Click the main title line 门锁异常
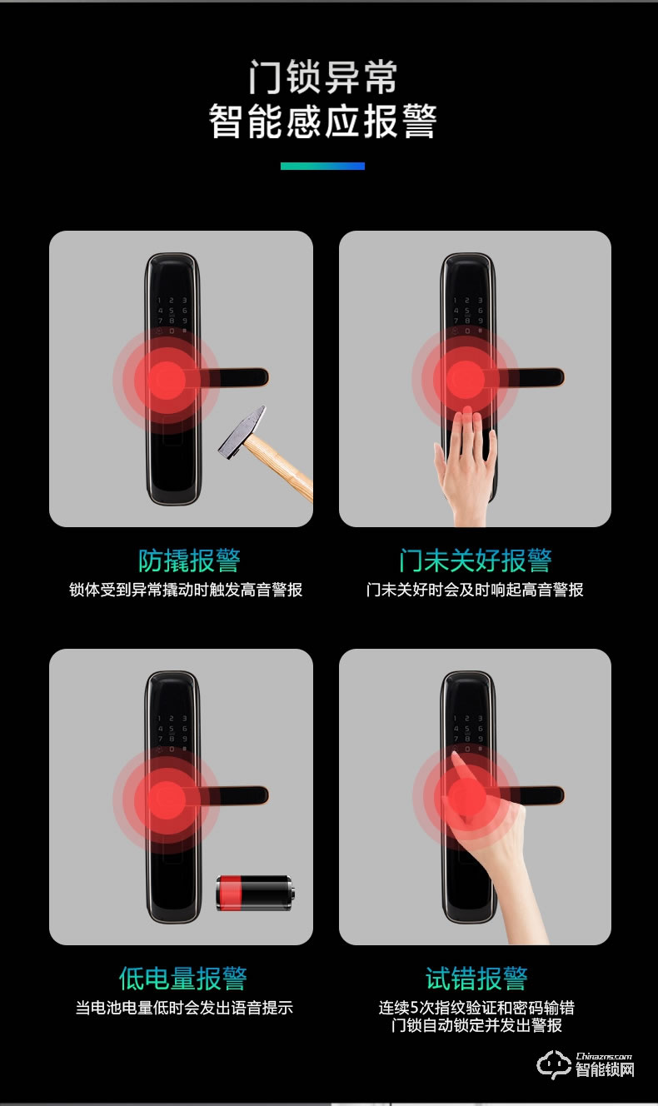tap(323, 77)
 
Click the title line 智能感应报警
tap(323, 121)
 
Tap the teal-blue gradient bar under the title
tap(323, 167)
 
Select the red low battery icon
tap(255, 893)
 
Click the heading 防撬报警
tap(189, 560)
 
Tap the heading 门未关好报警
tap(475, 560)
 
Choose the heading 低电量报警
tap(182, 979)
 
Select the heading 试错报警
tap(476, 979)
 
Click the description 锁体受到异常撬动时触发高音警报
tap(186, 590)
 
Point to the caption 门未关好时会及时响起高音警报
tap(475, 590)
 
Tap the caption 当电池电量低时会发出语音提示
tap(184, 1008)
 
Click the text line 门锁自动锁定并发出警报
tap(476, 1025)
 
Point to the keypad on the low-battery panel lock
tap(172, 733)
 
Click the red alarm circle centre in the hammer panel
tap(167, 379)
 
